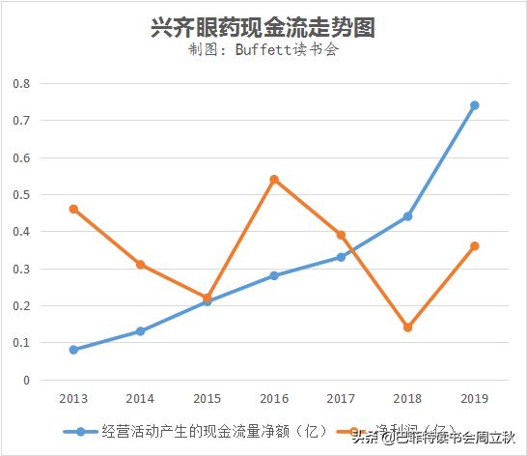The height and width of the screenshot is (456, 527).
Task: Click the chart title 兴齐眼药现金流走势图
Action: click(263, 27)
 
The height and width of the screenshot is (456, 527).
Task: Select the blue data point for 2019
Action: click(475, 105)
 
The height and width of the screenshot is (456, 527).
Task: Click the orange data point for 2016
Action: click(274, 180)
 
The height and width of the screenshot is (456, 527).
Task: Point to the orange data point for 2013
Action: click(73, 209)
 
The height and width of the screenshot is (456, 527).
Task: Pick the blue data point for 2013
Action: click(73, 350)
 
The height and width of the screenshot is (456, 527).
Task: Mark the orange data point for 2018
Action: click(408, 328)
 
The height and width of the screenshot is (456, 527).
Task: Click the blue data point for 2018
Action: click(408, 216)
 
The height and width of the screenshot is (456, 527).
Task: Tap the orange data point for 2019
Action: click(475, 246)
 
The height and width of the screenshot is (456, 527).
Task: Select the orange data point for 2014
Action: click(140, 265)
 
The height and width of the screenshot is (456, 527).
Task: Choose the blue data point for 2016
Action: click(274, 275)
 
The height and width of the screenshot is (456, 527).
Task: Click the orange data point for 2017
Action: click(341, 235)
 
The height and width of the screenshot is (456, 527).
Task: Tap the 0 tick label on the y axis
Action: click(27, 380)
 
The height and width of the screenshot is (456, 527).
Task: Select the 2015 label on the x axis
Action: click(208, 398)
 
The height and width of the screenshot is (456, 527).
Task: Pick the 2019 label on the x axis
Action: click(475, 398)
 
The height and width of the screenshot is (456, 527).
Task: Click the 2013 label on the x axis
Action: click(73, 398)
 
